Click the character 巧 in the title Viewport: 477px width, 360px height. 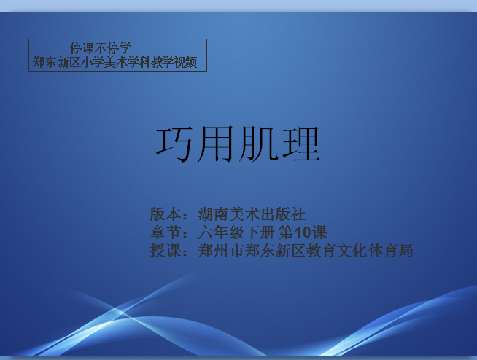(x=174, y=144)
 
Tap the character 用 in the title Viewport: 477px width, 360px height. (x=215, y=144)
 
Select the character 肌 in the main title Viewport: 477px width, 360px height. (x=258, y=144)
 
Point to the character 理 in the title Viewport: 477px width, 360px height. (x=301, y=144)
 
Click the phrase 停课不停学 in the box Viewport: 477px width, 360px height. (x=101, y=48)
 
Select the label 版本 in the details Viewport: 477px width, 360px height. (x=166, y=214)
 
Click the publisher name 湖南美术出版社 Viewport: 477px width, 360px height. (x=252, y=214)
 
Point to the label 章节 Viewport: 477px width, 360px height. (x=166, y=232)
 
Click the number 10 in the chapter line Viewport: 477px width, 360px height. (x=303, y=232)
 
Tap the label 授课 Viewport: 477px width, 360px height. (x=166, y=251)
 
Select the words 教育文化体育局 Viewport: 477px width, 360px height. (x=360, y=251)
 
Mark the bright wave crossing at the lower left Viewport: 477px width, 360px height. (x=120, y=312)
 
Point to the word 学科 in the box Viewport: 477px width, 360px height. (x=139, y=62)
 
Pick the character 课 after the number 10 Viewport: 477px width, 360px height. (x=319, y=232)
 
